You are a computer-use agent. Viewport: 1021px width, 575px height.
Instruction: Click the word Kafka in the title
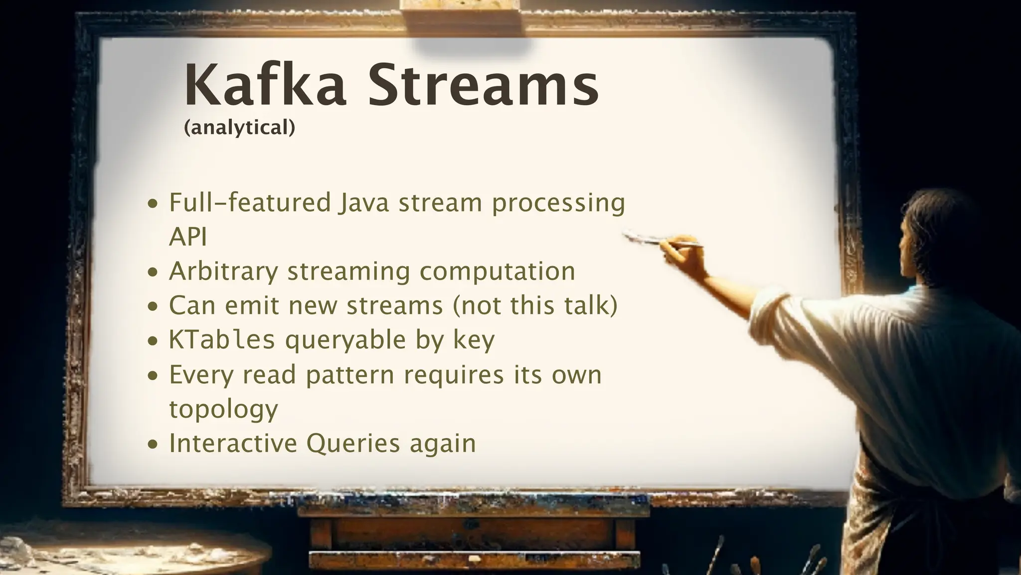click(x=265, y=85)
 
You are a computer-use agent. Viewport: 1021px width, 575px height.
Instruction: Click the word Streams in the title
click(x=483, y=85)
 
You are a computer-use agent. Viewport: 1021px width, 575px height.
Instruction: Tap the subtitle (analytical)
click(x=239, y=128)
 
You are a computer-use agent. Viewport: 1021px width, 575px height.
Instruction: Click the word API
click(x=187, y=237)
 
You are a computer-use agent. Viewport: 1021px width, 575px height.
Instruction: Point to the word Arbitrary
click(x=223, y=272)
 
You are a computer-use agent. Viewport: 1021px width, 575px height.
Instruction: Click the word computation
click(x=497, y=272)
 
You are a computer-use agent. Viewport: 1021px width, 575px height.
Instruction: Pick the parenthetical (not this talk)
click(x=535, y=305)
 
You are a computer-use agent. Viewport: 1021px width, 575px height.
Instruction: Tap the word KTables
click(x=222, y=340)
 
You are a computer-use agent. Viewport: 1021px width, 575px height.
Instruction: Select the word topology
click(x=223, y=409)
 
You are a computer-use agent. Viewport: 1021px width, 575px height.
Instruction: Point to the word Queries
click(x=353, y=443)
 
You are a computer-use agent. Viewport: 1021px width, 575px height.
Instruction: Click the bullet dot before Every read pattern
click(x=154, y=375)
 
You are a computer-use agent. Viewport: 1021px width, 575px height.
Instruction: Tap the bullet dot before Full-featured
click(x=154, y=204)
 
